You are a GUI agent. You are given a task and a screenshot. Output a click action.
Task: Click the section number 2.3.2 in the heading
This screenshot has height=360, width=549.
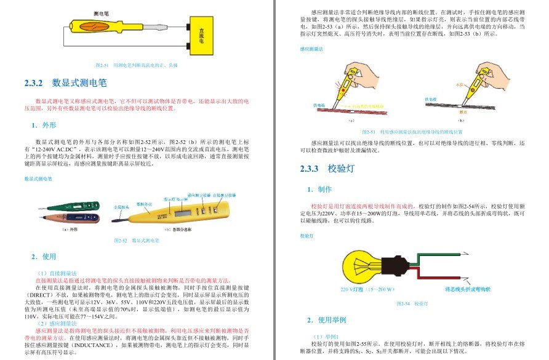point(34,83)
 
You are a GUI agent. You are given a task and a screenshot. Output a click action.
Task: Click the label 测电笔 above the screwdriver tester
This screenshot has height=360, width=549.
point(102,12)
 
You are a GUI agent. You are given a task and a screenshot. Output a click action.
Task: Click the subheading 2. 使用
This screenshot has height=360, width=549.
point(44,257)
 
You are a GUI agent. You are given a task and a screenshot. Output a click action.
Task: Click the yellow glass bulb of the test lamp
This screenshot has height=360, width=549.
point(364,266)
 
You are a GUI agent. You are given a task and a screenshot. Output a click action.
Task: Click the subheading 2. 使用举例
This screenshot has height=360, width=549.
point(327,321)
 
